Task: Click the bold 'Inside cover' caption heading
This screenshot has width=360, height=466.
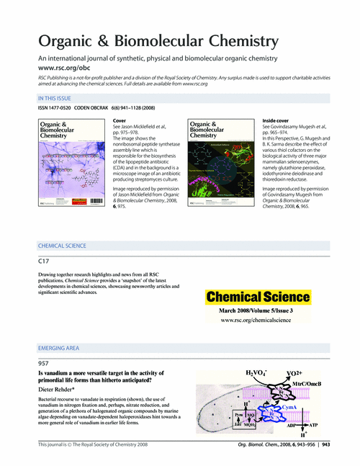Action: click(x=278, y=119)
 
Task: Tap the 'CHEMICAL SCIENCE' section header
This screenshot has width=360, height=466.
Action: click(x=66, y=246)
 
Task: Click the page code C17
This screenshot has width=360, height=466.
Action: click(x=44, y=261)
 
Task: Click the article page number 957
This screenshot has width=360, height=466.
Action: click(x=44, y=364)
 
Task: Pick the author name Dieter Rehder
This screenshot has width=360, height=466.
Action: click(x=64, y=389)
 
